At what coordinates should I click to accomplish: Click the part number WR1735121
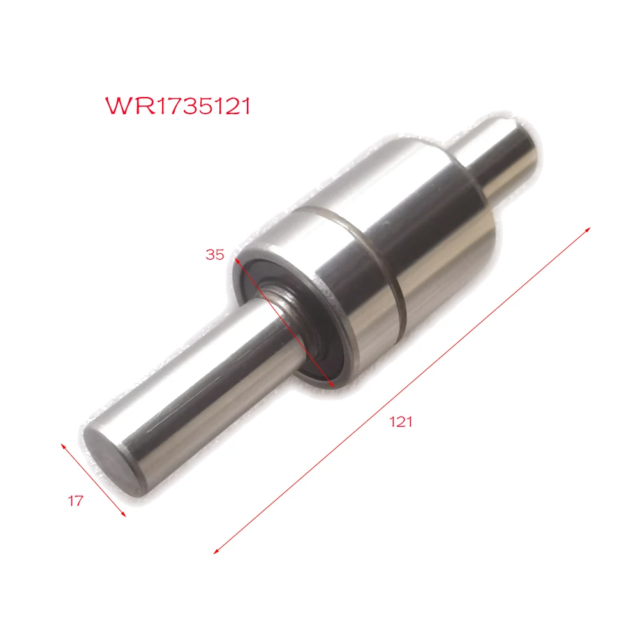[x=178, y=106]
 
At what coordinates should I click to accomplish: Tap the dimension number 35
[x=215, y=255]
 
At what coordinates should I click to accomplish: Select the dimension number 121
[x=401, y=422]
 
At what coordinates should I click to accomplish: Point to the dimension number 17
[x=76, y=501]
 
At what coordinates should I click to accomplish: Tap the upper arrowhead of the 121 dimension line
[x=588, y=230]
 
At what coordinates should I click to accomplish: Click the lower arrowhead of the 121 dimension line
[x=216, y=551]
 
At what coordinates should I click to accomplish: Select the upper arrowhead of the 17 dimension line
[x=63, y=446]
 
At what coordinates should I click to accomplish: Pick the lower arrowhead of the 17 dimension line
[x=124, y=514]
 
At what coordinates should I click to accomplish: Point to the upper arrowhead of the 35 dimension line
[x=237, y=260]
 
